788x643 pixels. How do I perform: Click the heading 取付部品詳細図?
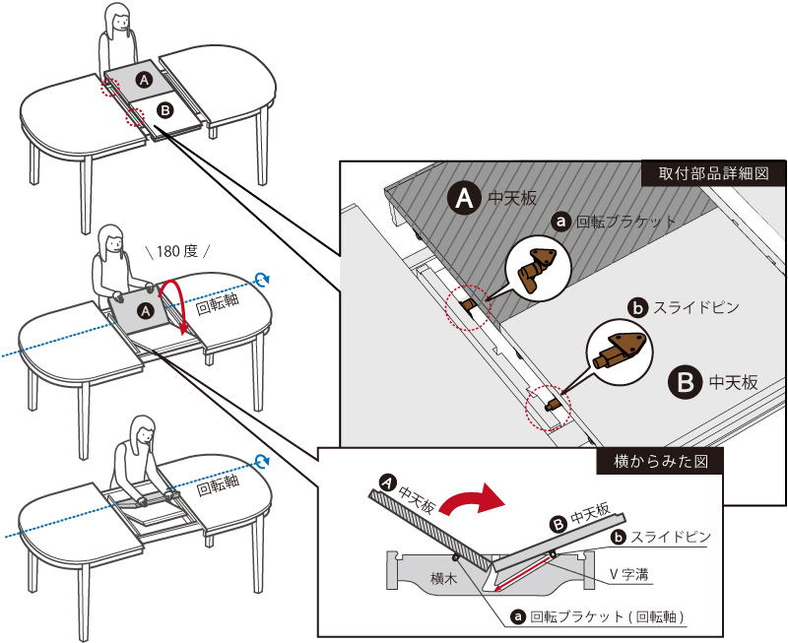click(713, 172)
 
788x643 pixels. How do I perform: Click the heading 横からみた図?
click(660, 460)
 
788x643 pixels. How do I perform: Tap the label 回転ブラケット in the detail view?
click(625, 223)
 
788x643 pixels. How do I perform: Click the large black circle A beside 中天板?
click(464, 197)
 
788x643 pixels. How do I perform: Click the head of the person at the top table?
click(117, 18)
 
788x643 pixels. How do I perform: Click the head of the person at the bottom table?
click(143, 430)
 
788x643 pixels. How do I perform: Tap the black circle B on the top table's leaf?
click(164, 110)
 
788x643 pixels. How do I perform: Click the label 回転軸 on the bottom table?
click(217, 487)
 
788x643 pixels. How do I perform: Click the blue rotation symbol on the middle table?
click(261, 280)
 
